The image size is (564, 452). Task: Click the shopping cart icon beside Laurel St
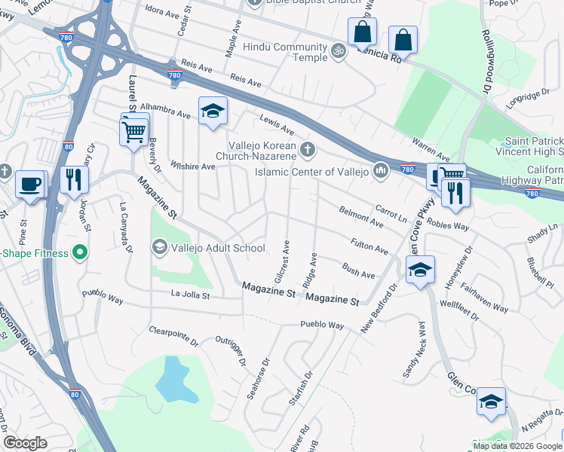(134, 131)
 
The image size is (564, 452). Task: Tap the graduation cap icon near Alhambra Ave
(213, 112)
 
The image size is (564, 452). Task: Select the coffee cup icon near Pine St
(30, 184)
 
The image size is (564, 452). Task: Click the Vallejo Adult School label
(218, 248)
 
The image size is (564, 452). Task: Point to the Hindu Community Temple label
(285, 52)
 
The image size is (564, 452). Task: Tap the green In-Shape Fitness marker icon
(78, 252)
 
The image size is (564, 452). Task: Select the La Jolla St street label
(190, 295)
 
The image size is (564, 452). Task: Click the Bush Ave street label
(358, 270)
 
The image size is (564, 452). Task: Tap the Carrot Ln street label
(391, 214)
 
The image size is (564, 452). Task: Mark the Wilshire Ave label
(193, 165)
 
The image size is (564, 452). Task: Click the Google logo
(26, 443)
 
